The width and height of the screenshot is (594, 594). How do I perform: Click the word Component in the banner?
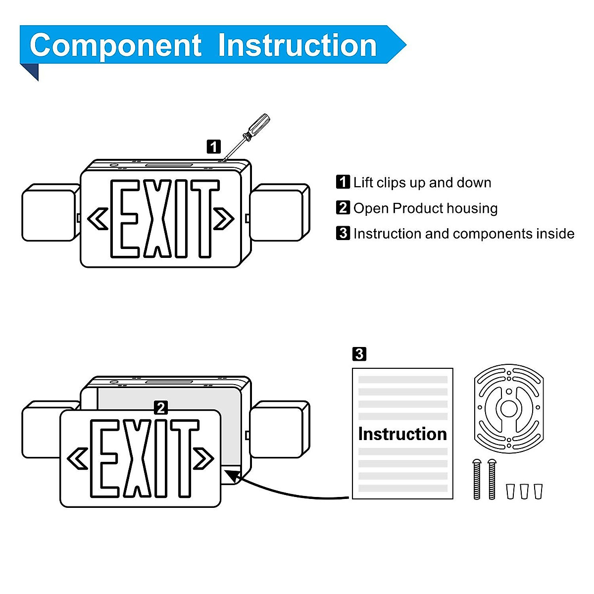(x=115, y=46)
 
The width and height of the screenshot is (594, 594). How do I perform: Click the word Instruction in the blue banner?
(x=297, y=46)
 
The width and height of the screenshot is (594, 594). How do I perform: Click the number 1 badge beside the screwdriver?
(x=213, y=147)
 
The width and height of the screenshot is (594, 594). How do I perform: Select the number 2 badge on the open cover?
(x=160, y=408)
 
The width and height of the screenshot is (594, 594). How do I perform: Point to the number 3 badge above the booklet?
(x=359, y=354)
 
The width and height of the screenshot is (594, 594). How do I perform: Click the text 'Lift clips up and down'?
(x=422, y=183)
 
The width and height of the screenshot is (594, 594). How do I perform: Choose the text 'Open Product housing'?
(x=425, y=208)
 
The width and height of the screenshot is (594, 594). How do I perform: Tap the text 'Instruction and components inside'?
(x=464, y=234)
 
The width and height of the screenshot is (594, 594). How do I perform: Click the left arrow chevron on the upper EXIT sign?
(x=98, y=218)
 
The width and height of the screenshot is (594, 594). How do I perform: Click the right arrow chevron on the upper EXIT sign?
(x=224, y=218)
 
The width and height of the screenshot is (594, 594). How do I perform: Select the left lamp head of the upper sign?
(x=50, y=212)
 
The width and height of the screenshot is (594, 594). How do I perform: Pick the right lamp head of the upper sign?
(x=279, y=212)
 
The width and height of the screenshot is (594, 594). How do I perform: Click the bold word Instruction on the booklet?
(x=402, y=434)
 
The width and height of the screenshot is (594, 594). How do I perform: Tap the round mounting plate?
(x=508, y=408)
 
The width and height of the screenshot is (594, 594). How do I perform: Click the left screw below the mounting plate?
(x=477, y=479)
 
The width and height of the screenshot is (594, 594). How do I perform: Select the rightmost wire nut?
(x=538, y=492)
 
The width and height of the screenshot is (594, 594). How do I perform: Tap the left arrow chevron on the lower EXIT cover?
(x=78, y=458)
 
